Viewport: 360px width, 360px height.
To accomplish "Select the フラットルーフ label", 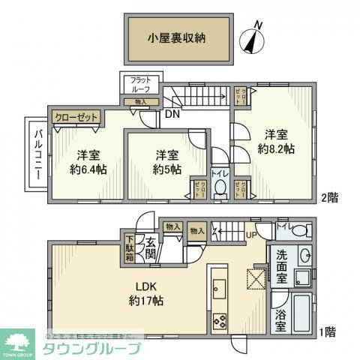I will (140, 85).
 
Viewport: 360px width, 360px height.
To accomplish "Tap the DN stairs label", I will (172, 115).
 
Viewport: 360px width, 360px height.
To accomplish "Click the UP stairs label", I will (251, 234).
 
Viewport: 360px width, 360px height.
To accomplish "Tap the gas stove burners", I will (220, 321).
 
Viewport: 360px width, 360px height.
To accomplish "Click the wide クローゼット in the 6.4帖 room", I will (75, 117).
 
